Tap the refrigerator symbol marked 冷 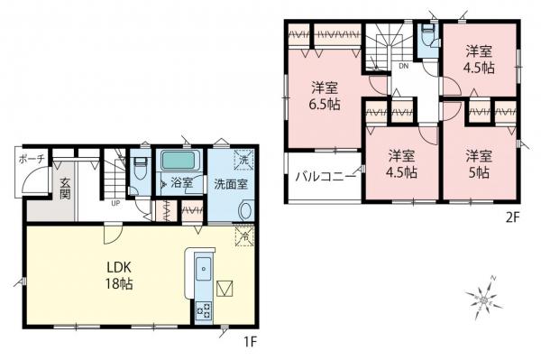[243, 237]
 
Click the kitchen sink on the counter [202, 267]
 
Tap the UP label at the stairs [115, 203]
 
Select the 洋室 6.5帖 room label [326, 96]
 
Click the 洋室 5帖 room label [478, 163]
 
